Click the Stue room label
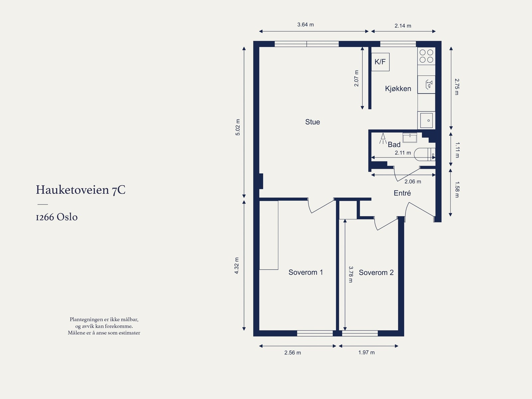click(313, 122)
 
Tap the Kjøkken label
click(398, 89)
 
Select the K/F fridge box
click(380, 62)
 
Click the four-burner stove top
click(426, 56)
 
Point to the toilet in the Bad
click(425, 155)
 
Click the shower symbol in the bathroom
click(383, 138)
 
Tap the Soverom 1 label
click(306, 272)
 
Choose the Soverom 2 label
click(376, 272)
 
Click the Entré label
click(402, 193)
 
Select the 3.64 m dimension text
click(305, 25)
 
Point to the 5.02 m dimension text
click(238, 127)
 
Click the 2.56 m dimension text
click(293, 353)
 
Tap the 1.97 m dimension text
click(366, 352)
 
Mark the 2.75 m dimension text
click(457, 87)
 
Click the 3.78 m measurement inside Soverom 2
click(351, 274)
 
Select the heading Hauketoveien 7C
click(81, 190)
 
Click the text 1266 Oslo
click(57, 217)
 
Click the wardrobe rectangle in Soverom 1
click(269, 235)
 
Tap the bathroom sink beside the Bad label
click(410, 138)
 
